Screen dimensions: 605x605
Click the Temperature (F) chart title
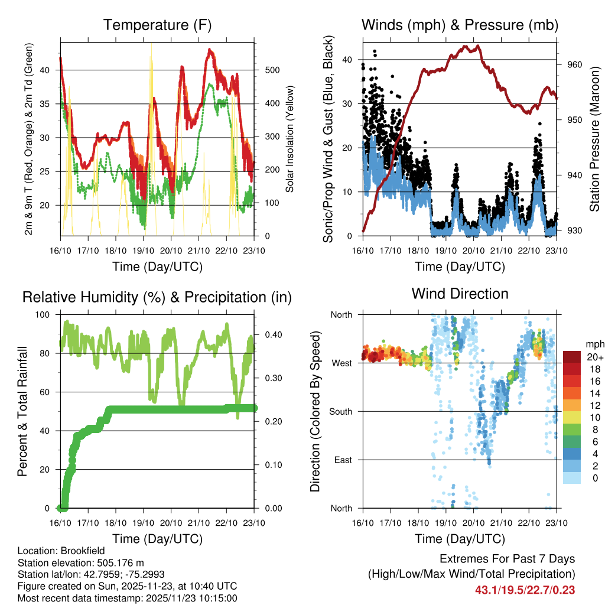pos(157,25)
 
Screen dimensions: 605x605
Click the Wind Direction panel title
pos(460,293)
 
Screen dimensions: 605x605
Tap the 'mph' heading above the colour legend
pos(593,344)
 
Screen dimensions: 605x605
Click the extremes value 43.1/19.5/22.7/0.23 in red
pos(525,590)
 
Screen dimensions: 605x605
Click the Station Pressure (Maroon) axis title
pos(595,139)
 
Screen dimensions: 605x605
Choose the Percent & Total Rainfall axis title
pos(22,411)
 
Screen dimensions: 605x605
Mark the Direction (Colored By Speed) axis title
pos(315,411)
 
